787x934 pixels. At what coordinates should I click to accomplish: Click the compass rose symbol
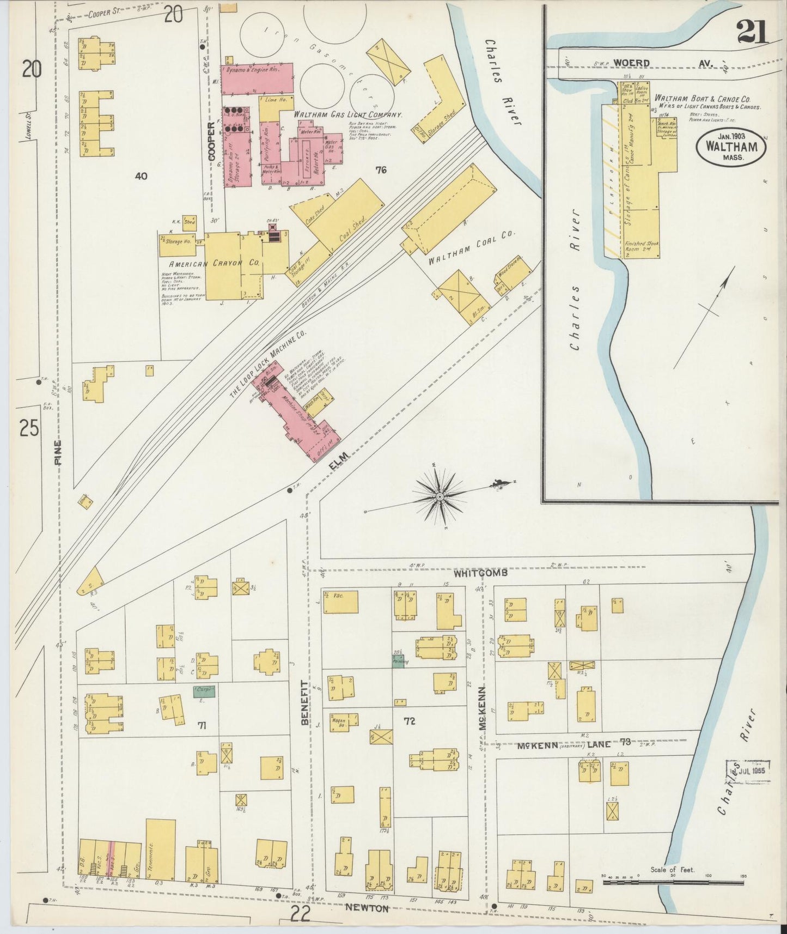pos(439,496)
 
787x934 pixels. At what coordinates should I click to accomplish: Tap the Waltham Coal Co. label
pos(471,248)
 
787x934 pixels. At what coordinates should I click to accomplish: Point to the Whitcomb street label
pos(482,573)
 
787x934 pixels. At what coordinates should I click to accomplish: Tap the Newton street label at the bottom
pos(367,908)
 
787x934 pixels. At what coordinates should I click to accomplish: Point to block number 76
pos(381,170)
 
